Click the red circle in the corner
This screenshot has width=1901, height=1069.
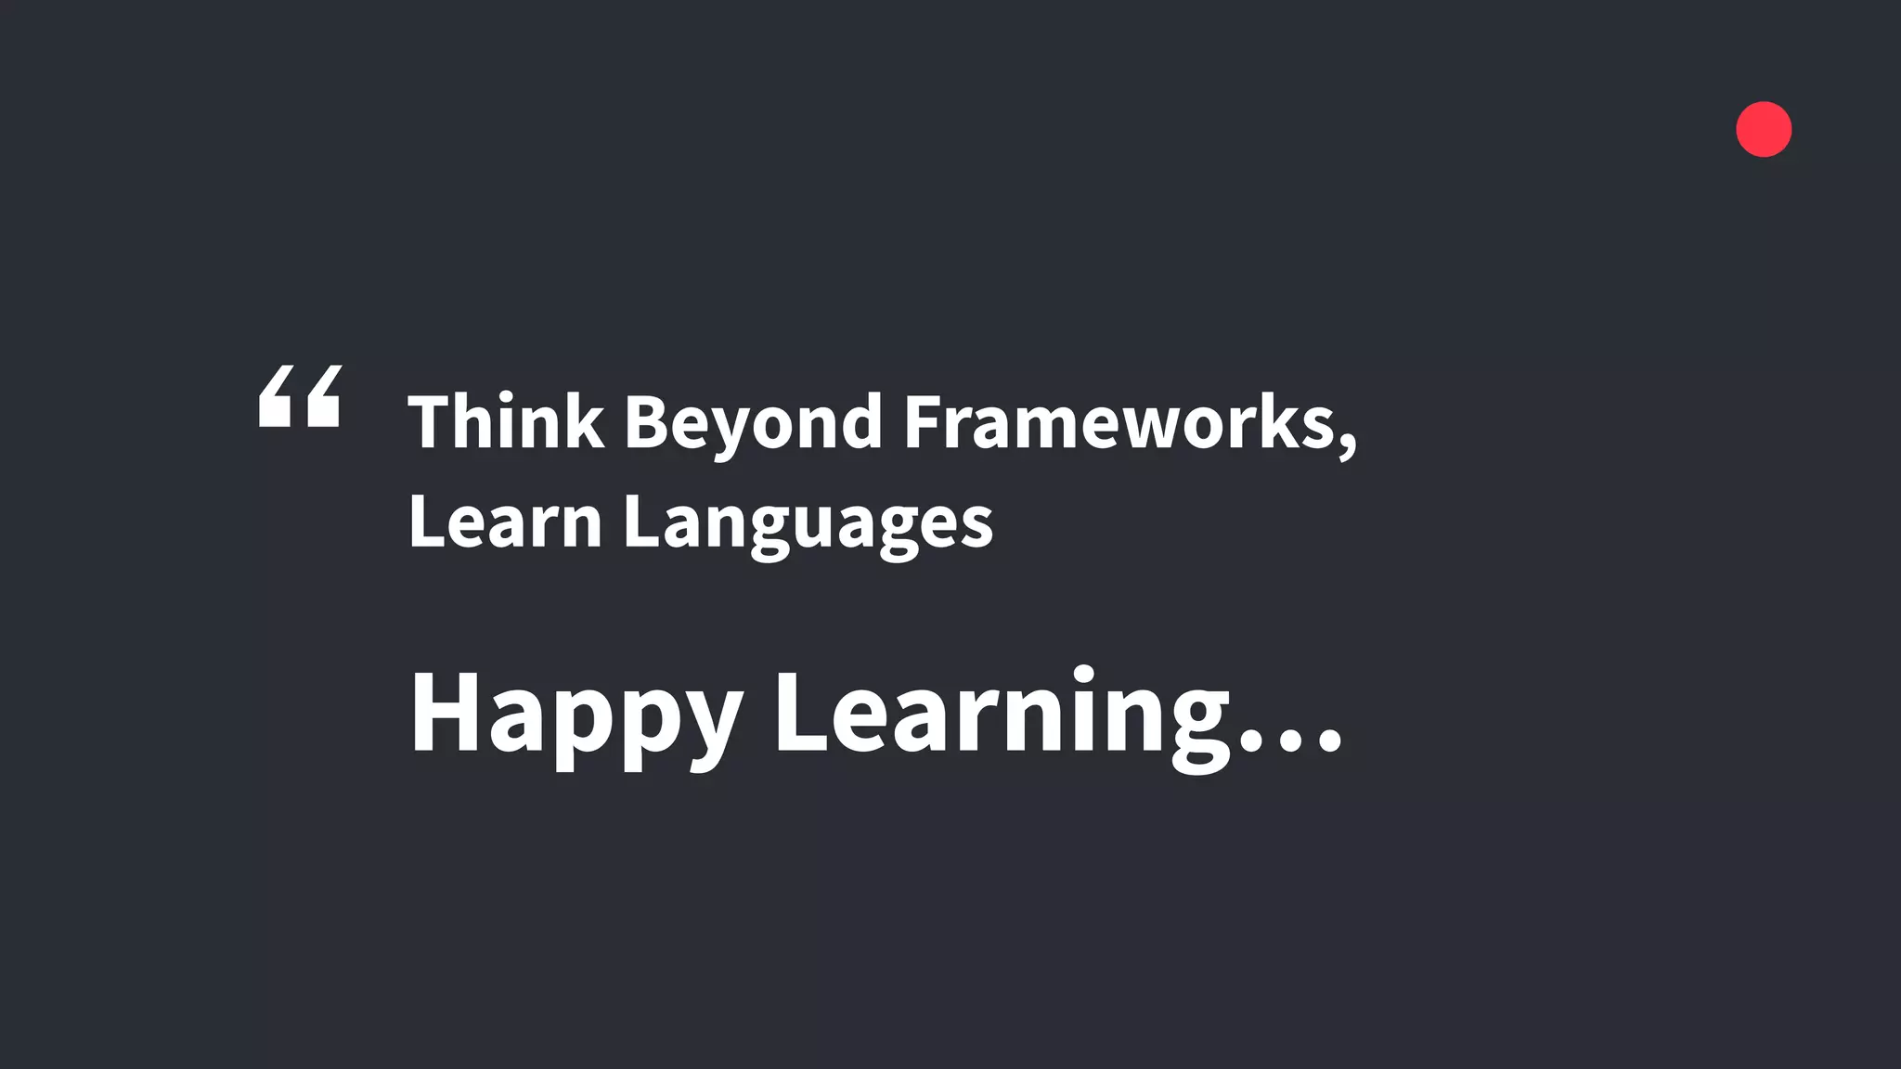(x=1764, y=129)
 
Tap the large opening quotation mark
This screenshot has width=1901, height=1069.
(x=300, y=396)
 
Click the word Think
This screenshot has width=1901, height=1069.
(x=506, y=422)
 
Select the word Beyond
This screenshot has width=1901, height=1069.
(x=753, y=424)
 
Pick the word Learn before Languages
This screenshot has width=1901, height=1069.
(x=506, y=522)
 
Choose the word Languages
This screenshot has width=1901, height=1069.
(x=808, y=524)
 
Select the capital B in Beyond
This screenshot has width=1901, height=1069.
(x=647, y=422)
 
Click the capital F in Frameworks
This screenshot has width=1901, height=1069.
(x=925, y=422)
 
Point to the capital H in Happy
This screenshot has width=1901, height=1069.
(x=445, y=712)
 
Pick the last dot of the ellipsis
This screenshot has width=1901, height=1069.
(x=1330, y=741)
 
